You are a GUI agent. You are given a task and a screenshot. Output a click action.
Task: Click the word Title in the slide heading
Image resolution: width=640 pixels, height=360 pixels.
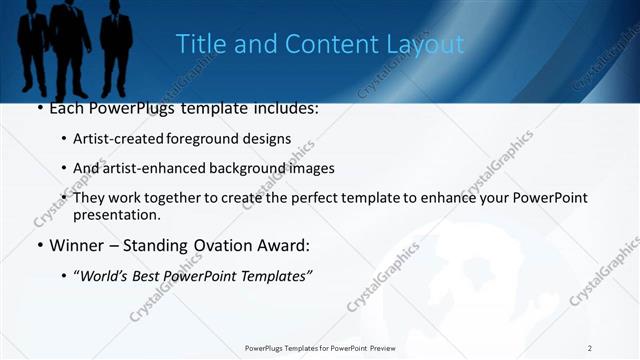pyautogui.click(x=198, y=44)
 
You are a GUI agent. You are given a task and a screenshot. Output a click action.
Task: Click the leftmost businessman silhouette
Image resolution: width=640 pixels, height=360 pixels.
pyautogui.click(x=33, y=45)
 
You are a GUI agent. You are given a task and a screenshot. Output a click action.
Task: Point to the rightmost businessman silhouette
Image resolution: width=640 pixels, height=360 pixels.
pyautogui.click(x=116, y=45)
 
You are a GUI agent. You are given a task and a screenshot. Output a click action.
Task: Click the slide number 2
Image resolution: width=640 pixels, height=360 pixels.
pyautogui.click(x=590, y=347)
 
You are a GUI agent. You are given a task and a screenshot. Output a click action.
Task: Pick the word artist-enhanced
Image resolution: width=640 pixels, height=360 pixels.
pyautogui.click(x=149, y=168)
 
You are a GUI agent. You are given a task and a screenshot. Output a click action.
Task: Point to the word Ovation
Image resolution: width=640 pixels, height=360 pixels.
pyautogui.click(x=209, y=245)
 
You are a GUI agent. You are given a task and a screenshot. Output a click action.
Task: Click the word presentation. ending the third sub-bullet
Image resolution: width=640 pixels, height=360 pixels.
pyautogui.click(x=117, y=215)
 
